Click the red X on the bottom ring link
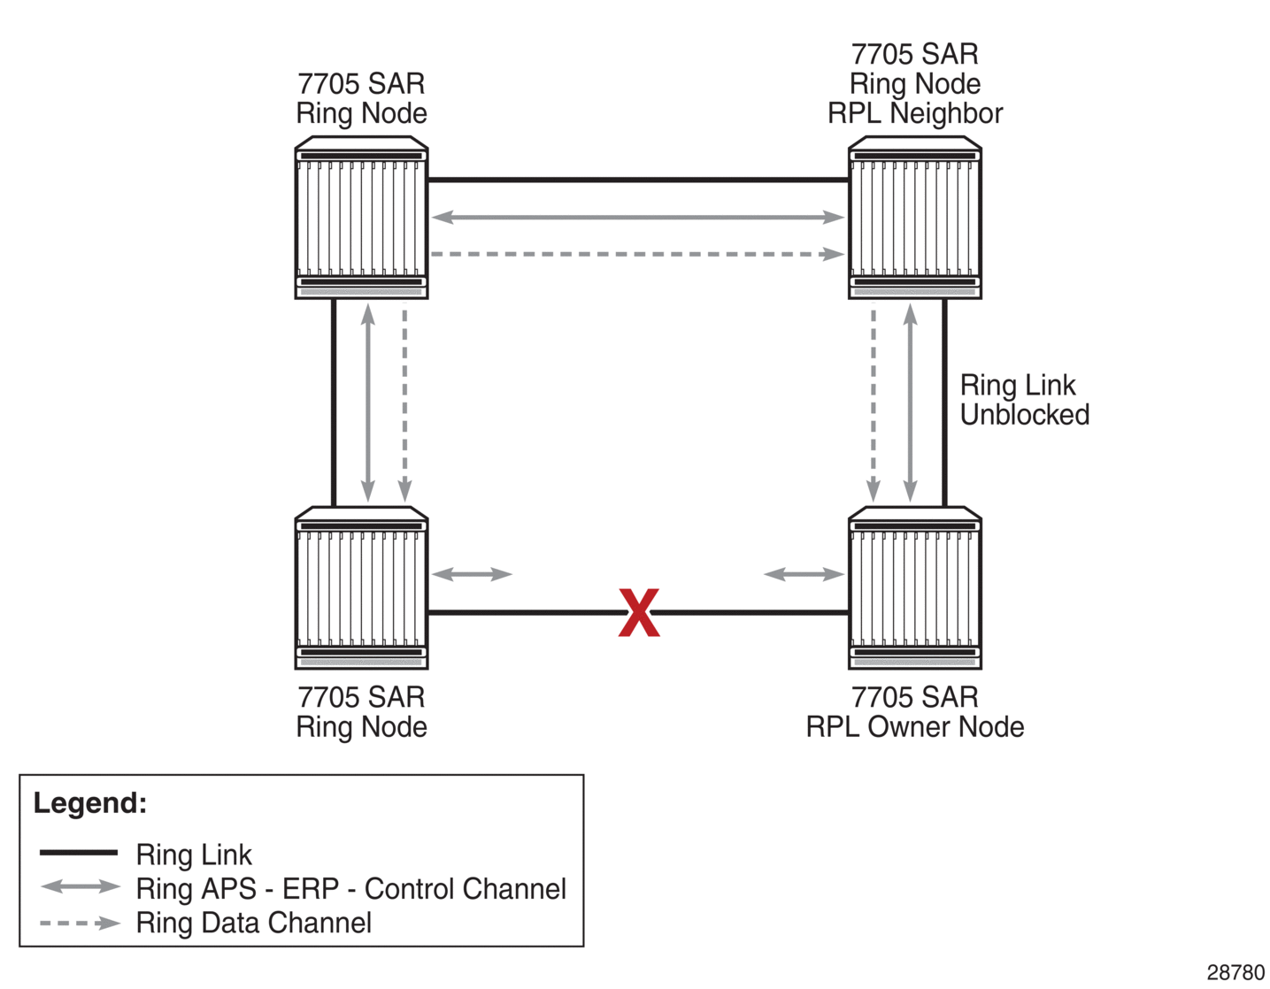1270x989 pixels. tap(638, 612)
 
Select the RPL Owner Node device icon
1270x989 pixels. tap(914, 587)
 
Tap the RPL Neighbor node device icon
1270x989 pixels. tap(914, 218)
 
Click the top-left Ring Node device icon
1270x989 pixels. tap(361, 218)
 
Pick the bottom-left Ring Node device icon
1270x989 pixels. tap(361, 587)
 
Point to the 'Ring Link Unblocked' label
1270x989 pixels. tap(1024, 400)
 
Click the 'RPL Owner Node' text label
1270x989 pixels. tap(914, 727)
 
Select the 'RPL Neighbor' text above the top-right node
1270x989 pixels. tap(914, 113)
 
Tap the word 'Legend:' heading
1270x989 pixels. tap(90, 803)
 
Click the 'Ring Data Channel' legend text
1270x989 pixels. tap(253, 923)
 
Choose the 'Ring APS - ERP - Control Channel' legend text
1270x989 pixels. tap(350, 888)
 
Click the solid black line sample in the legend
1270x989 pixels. tap(78, 853)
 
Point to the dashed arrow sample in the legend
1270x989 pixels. tap(80, 923)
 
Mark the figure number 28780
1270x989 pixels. tap(1235, 972)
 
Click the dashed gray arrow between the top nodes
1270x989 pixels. tap(637, 254)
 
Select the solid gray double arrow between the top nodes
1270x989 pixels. tap(637, 217)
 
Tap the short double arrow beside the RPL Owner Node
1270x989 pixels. tap(804, 574)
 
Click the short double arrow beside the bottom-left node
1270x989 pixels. tap(472, 574)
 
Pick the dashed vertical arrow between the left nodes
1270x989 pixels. tap(404, 402)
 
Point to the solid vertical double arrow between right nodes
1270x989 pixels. tap(910, 402)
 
